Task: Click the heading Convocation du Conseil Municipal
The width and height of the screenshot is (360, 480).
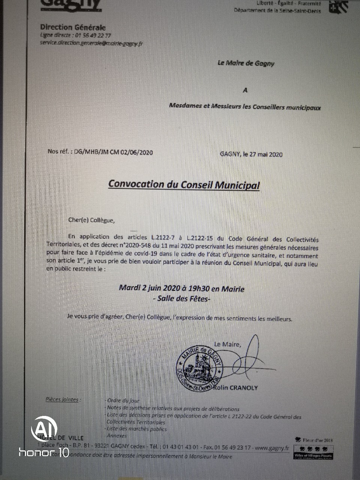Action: pos(184,184)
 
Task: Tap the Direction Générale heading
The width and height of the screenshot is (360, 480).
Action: pos(73,27)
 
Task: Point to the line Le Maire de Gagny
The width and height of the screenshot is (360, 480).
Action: pos(246,63)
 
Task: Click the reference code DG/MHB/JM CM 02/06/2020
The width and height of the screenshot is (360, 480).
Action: pos(114,152)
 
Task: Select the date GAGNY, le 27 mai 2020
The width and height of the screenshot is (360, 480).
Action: pos(251,154)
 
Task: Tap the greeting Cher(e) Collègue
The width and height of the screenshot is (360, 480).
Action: pos(91,220)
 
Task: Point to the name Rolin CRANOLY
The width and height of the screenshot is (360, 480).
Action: pos(235,388)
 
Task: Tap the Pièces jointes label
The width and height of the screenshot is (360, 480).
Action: pos(63,400)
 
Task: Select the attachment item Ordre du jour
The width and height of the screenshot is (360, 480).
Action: pos(123,401)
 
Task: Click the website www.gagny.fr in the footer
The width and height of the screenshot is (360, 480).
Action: pos(272,448)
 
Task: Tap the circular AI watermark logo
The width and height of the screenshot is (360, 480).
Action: pos(44,429)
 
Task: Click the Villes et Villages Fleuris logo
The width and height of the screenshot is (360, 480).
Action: pos(313,452)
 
